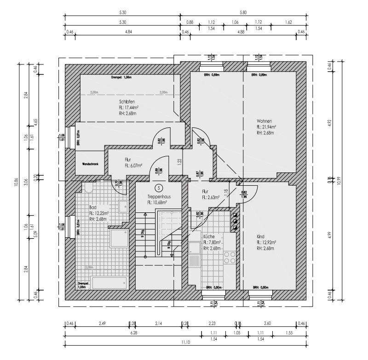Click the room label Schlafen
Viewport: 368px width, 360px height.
[126, 101]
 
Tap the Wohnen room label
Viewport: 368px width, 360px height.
[264, 121]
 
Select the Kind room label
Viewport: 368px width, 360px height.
[261, 236]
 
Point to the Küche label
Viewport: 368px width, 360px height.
[209, 236]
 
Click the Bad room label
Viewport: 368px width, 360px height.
[93, 207]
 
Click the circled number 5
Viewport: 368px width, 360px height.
[159, 188]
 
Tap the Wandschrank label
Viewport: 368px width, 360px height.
[90, 164]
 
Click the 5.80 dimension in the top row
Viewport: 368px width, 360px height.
[243, 13]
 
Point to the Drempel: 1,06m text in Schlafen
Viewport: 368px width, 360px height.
[121, 78]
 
